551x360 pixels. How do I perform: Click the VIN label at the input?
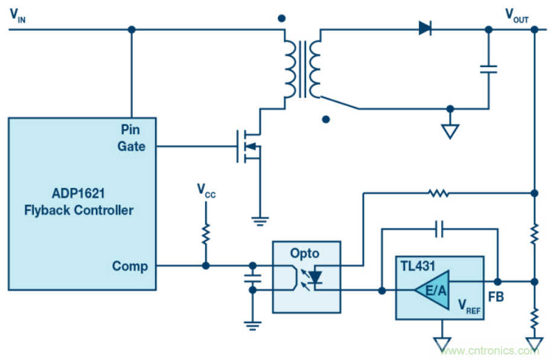click(x=17, y=16)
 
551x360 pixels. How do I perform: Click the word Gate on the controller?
click(x=132, y=146)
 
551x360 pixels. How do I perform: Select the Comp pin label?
click(x=130, y=266)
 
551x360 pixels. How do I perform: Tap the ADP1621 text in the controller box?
click(x=79, y=194)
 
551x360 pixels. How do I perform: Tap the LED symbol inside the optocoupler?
click(x=315, y=278)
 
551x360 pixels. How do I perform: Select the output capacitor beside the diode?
click(x=488, y=69)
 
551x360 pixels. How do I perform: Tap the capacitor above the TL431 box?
click(x=440, y=229)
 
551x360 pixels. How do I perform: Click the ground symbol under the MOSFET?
click(x=260, y=220)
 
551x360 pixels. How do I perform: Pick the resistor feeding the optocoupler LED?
click(x=438, y=193)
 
